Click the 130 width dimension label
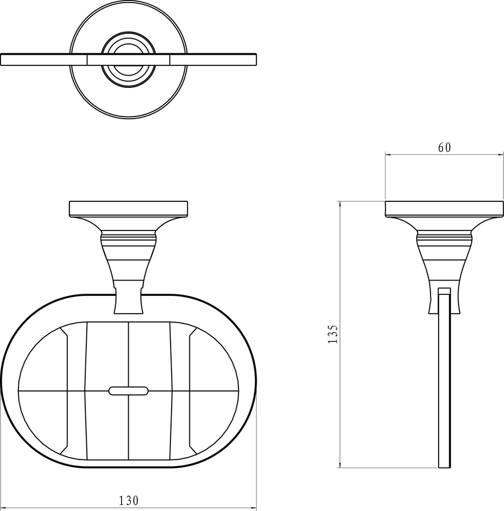128,500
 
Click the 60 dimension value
444,148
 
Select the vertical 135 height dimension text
333,334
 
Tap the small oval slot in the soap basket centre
128,391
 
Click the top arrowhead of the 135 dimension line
340,204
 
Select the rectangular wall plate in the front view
128,208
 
